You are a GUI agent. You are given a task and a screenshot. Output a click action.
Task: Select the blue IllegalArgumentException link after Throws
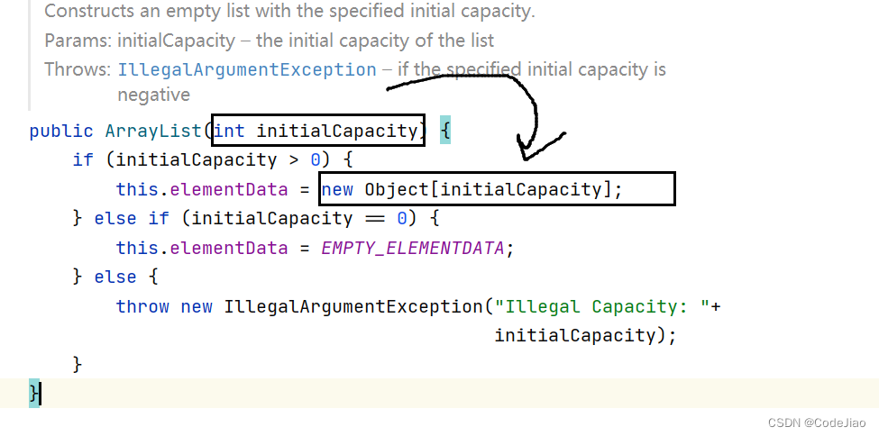(247, 69)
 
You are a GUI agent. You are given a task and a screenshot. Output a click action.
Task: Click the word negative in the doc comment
(153, 95)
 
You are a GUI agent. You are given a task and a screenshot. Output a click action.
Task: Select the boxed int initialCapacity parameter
(316, 132)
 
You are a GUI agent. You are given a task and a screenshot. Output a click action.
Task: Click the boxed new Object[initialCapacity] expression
(496, 189)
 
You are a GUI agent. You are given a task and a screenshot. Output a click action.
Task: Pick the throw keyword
(142, 306)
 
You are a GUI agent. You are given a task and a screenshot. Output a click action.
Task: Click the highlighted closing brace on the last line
(34, 393)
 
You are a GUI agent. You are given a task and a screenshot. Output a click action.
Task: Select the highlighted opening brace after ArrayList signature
(445, 132)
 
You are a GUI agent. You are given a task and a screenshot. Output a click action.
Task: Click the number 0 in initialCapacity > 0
(316, 160)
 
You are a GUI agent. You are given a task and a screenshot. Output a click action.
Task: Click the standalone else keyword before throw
(115, 277)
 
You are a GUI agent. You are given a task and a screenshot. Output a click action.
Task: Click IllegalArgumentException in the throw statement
(352, 306)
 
